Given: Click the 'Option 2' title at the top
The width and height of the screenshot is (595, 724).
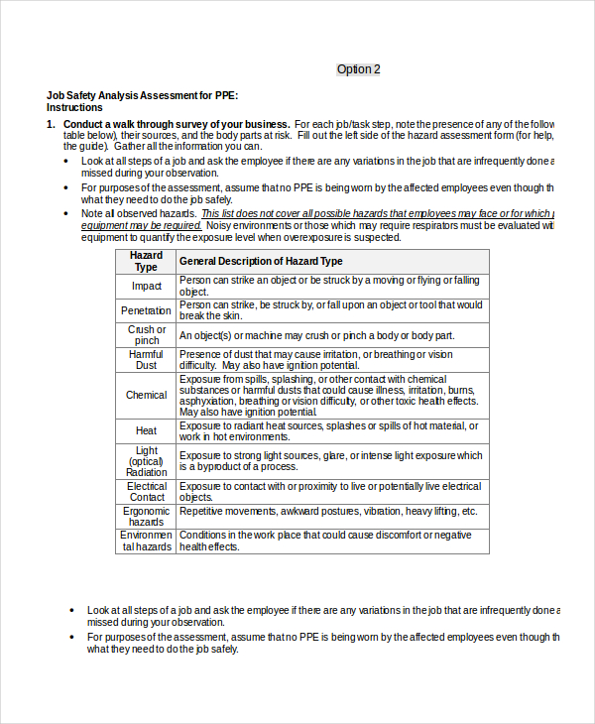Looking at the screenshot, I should point(358,69).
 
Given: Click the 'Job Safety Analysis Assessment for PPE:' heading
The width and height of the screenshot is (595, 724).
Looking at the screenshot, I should point(142,95).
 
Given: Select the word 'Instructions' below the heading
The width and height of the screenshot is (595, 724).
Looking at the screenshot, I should point(74,107).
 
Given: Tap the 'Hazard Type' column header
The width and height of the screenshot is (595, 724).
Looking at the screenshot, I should point(146,261).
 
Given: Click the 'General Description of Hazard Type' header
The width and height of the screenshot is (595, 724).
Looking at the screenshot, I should point(261,261).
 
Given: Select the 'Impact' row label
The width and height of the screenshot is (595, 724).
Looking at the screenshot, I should point(146,286).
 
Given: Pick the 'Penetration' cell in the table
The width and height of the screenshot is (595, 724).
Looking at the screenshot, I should point(146,310).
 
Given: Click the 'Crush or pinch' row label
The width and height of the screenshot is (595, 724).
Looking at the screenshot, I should point(146,335).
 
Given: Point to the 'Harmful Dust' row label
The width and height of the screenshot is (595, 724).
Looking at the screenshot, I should point(146,360).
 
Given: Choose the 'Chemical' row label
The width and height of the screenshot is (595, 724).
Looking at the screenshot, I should point(146,395).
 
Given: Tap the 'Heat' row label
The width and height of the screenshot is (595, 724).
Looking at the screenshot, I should point(146,431).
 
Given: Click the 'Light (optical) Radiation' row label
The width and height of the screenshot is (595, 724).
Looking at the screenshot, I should point(146,461).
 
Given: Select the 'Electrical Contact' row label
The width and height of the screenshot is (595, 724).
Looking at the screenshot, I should point(147,492).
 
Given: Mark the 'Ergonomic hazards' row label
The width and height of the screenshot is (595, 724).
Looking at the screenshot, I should point(146,516).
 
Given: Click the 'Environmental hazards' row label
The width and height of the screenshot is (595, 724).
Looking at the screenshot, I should point(146,541).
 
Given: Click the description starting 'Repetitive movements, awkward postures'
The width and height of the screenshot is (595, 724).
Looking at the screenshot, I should point(328,511).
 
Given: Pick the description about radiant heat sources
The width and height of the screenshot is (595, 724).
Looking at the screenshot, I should point(328,430).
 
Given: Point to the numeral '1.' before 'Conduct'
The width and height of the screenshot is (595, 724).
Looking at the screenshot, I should point(51,124).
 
